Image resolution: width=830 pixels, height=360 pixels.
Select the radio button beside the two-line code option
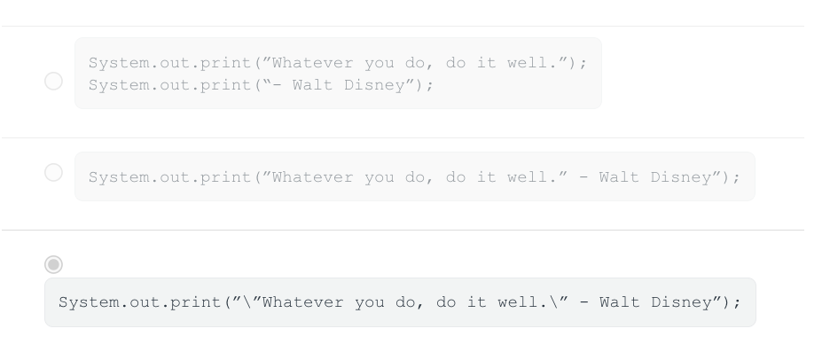coord(53,81)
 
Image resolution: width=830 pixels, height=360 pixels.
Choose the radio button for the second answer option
coord(53,173)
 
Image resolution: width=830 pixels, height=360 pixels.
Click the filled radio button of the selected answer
coord(53,264)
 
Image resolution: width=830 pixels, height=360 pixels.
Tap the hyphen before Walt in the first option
coord(276,85)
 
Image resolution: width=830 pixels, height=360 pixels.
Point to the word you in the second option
coord(379,177)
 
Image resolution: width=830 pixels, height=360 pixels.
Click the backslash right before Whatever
coord(247,302)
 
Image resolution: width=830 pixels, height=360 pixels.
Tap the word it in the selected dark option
coord(477,302)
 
